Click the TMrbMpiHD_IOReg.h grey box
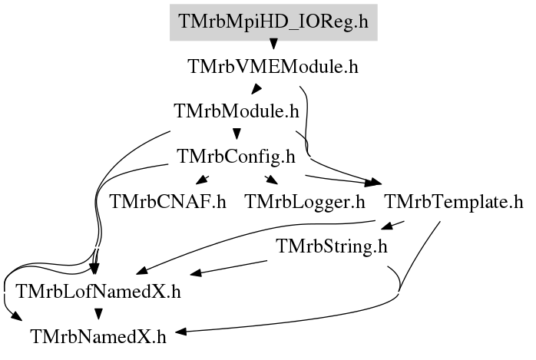pos(273,22)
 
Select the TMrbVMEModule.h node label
pos(273,66)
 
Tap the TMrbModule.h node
pos(237,111)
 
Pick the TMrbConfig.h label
pos(236,157)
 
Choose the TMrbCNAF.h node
pos(168,202)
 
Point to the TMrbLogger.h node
pos(305,202)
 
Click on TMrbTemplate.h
pos(454,202)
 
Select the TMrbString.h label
pos(332,246)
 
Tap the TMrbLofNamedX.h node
pos(98,292)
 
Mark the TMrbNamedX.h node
pos(98,337)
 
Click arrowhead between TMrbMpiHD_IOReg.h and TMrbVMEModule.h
pos(273,44)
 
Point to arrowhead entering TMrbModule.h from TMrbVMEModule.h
pos(256,89)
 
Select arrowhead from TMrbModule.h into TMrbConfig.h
pos(237,134)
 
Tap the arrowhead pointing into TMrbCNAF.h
pos(203,180)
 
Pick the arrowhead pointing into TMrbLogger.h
pos(272,180)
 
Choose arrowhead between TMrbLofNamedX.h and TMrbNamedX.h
pos(98,314)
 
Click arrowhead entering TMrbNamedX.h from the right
pos(181,332)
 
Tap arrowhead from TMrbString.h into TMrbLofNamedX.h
pos(196,273)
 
